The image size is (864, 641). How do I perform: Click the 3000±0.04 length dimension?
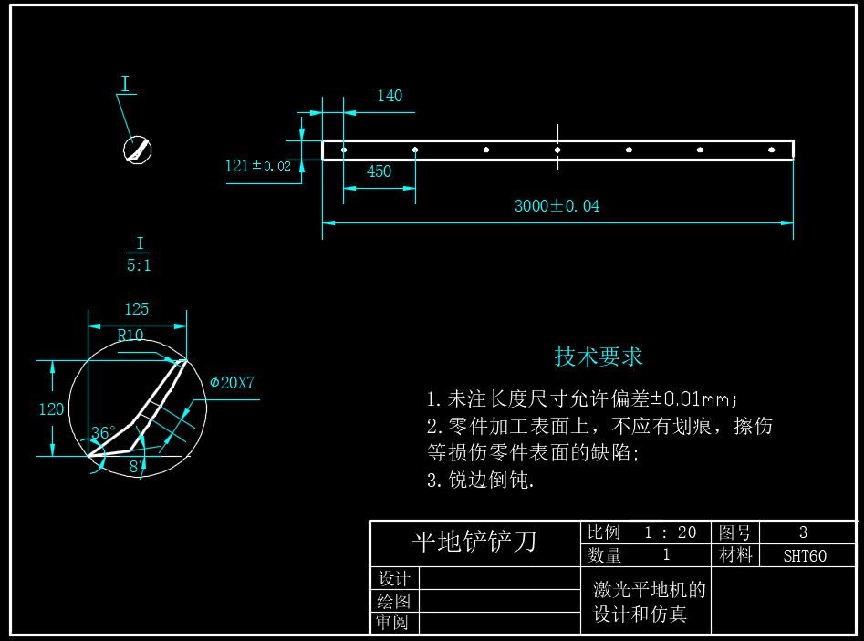(557, 206)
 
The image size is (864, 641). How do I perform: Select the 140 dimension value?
(390, 96)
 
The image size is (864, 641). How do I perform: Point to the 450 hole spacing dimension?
(379, 171)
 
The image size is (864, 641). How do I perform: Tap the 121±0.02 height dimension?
(257, 166)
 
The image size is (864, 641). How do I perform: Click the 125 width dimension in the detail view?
(137, 309)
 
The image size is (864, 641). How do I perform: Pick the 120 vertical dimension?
(51, 409)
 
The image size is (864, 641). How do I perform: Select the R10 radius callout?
(130, 336)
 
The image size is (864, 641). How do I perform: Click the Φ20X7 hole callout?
(232, 383)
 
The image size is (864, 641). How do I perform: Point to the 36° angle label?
(103, 433)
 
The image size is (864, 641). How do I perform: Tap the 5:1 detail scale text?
(139, 265)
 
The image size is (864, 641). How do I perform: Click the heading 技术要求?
(599, 357)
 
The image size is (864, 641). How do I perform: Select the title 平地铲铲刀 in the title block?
(474, 542)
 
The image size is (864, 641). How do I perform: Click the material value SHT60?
(805, 555)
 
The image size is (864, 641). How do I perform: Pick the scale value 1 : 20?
(671, 532)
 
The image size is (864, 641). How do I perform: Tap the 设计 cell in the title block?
(394, 579)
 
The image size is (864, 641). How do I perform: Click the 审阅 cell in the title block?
(394, 623)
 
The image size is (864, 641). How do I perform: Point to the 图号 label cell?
(734, 532)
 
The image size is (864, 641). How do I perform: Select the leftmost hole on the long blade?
(344, 150)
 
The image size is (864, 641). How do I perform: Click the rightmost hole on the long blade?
(772, 150)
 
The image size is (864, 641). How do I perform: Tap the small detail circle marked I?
(138, 150)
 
